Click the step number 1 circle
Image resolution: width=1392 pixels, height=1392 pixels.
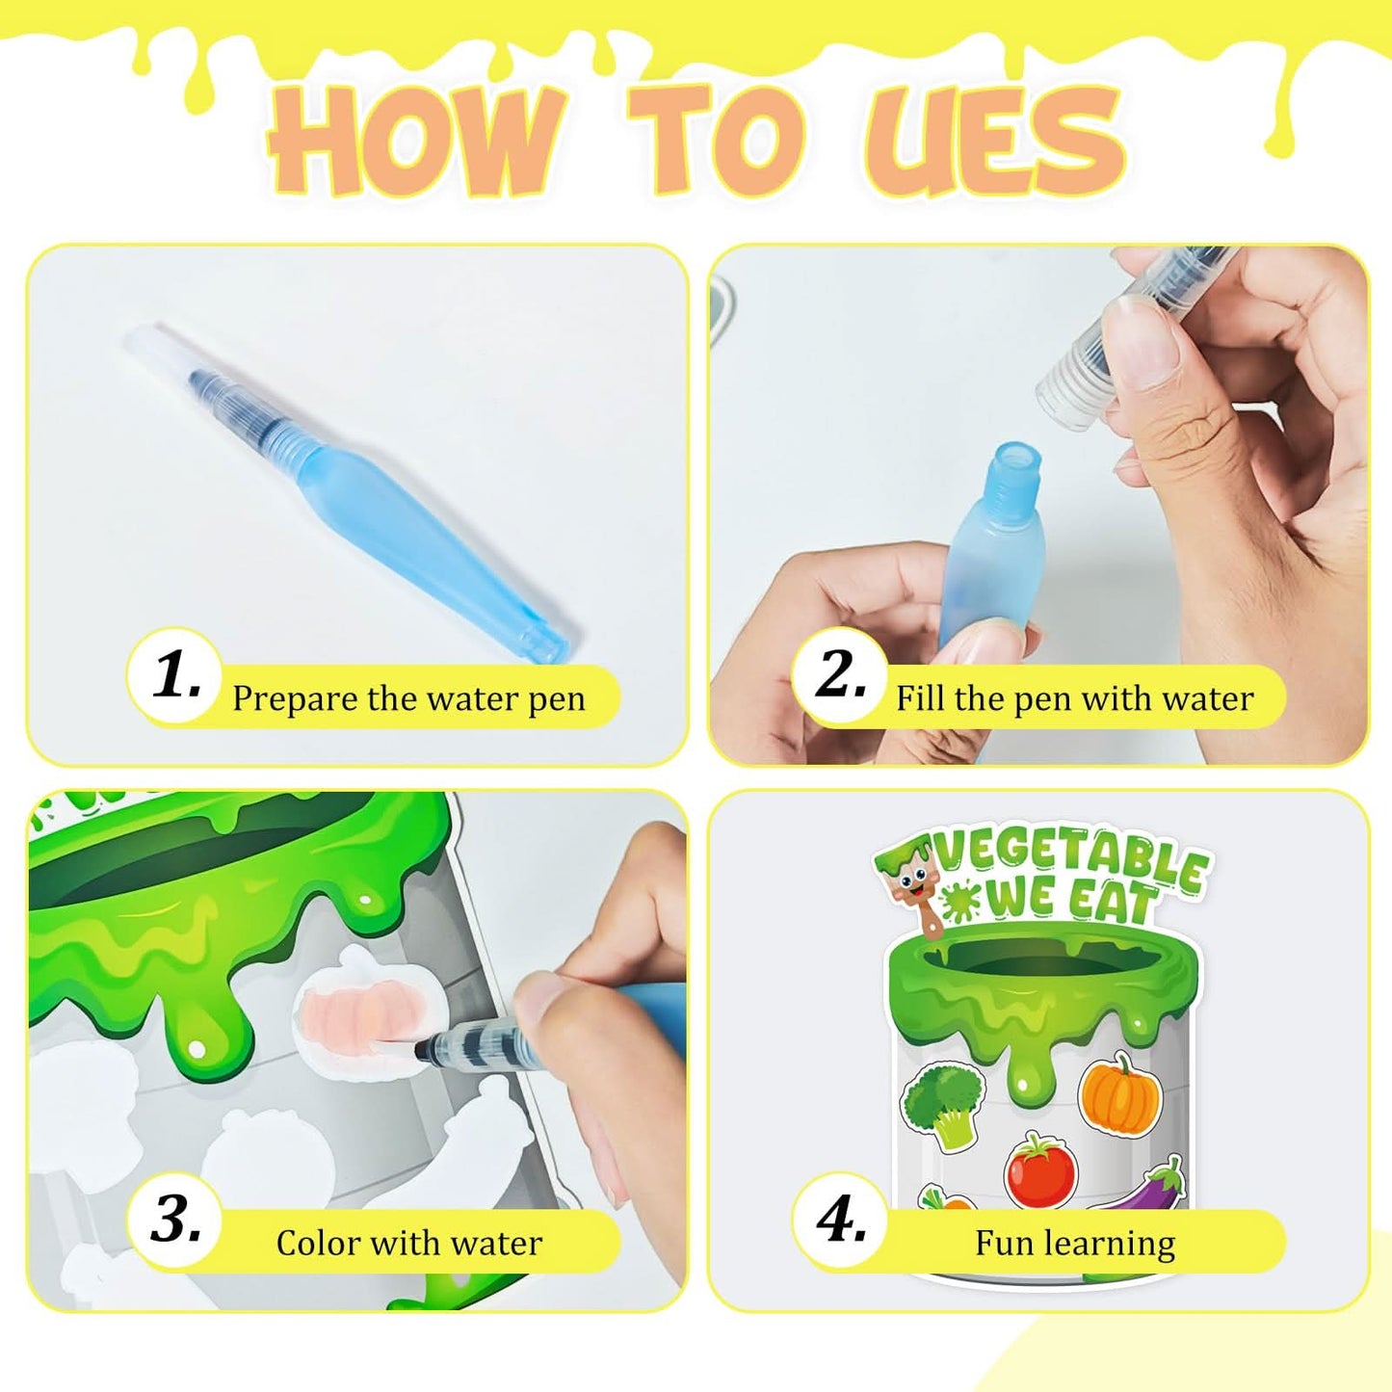point(175,675)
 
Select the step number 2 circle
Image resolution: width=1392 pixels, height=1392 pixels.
point(840,675)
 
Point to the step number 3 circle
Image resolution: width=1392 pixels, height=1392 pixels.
point(175,1221)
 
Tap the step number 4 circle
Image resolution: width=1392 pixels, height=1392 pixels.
point(840,1221)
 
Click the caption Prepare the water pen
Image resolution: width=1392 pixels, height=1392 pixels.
point(408,698)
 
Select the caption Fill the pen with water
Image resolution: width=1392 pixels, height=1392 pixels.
point(1074,698)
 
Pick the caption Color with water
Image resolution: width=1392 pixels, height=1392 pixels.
point(408,1243)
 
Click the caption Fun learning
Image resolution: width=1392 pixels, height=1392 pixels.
point(1074,1243)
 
